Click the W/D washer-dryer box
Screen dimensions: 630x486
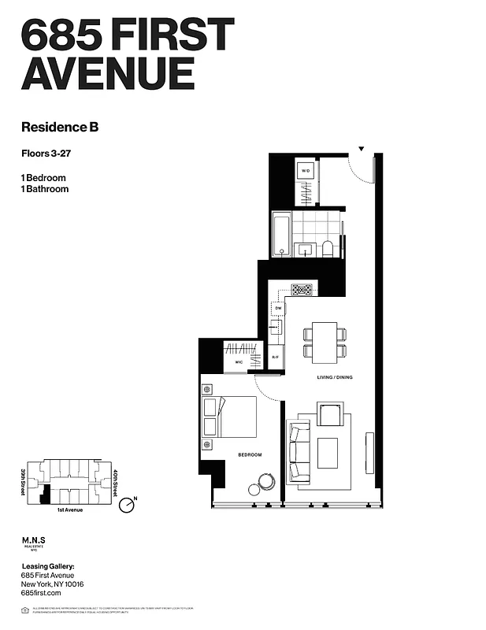click(x=306, y=170)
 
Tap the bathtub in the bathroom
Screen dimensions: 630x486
click(x=282, y=233)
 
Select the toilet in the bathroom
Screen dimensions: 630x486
click(x=328, y=248)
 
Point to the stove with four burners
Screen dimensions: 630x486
click(x=302, y=289)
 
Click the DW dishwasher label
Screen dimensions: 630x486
click(x=278, y=308)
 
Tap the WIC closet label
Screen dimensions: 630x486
click(x=239, y=361)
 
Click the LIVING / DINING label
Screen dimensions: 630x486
click(x=335, y=378)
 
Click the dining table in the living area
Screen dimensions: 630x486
click(x=325, y=342)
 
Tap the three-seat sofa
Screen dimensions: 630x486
click(x=299, y=451)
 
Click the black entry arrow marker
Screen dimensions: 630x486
click(x=362, y=148)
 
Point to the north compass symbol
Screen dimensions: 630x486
click(x=127, y=505)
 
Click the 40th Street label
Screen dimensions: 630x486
click(x=115, y=482)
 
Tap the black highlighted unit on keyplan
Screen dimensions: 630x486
click(x=46, y=495)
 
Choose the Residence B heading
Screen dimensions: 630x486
click(x=59, y=126)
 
